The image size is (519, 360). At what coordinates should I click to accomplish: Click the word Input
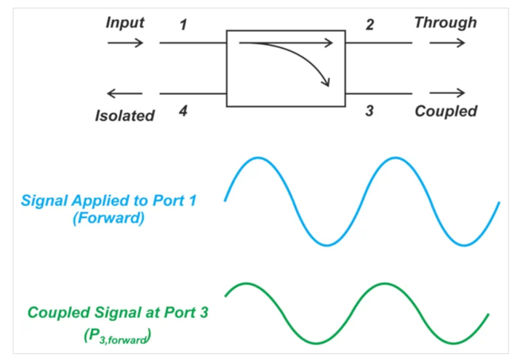pyautogui.click(x=125, y=23)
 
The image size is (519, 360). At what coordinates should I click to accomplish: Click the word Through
pyautogui.click(x=446, y=23)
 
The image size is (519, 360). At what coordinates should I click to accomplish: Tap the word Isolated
pyautogui.click(x=125, y=116)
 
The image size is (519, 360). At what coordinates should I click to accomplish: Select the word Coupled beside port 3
pyautogui.click(x=446, y=111)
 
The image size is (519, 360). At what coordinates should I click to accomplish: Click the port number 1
pyautogui.click(x=183, y=24)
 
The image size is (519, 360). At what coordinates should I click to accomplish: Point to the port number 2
pyautogui.click(x=370, y=24)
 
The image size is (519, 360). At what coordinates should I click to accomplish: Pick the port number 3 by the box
pyautogui.click(x=369, y=111)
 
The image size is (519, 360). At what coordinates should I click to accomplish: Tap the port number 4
pyautogui.click(x=183, y=111)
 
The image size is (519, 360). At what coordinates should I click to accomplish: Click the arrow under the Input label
pyautogui.click(x=125, y=43)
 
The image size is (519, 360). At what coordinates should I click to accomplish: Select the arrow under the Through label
pyautogui.click(x=447, y=43)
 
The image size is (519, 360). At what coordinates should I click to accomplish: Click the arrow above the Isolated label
pyautogui.click(x=125, y=93)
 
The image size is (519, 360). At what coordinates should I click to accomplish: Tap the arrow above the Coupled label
pyautogui.click(x=447, y=93)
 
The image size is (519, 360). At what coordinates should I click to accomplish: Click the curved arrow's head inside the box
pyautogui.click(x=326, y=83)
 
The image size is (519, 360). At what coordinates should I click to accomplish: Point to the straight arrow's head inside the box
pyautogui.click(x=328, y=43)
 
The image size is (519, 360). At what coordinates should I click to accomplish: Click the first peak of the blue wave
pyautogui.click(x=258, y=158)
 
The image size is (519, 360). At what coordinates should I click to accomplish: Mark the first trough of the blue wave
pyautogui.click(x=327, y=245)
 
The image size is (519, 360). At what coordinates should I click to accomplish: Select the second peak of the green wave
pyautogui.click(x=384, y=284)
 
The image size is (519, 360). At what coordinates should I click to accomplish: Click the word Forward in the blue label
pyautogui.click(x=108, y=219)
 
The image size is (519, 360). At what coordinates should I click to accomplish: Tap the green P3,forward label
pyautogui.click(x=117, y=336)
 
